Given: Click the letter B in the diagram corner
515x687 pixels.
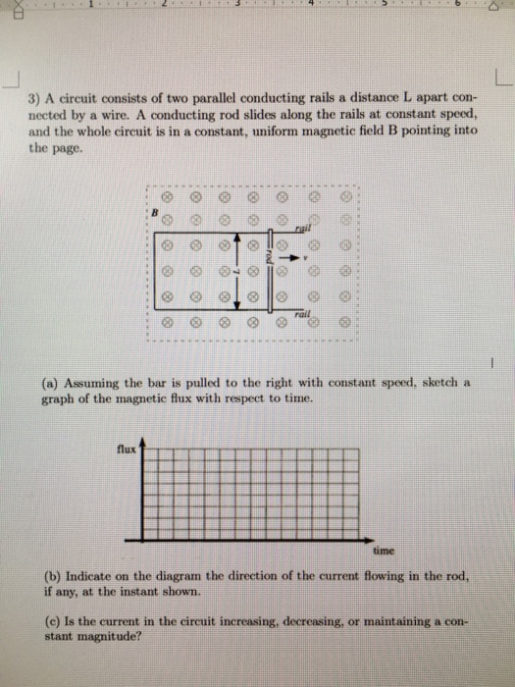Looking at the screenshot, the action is coord(154,210).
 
